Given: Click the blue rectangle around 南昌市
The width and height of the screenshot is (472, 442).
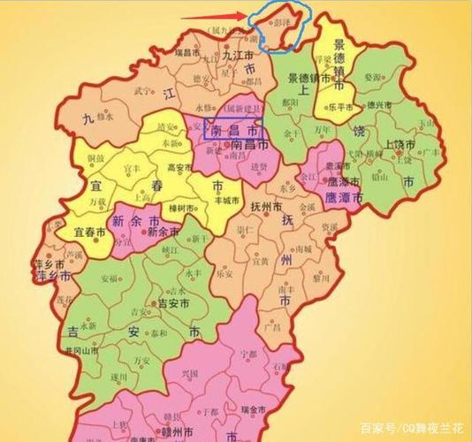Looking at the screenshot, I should [x=234, y=127].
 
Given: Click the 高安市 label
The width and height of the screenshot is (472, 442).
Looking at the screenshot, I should [x=179, y=165].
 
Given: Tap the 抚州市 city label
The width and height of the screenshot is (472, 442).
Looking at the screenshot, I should [x=266, y=205].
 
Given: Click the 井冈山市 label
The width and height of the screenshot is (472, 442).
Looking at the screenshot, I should [x=91, y=351].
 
